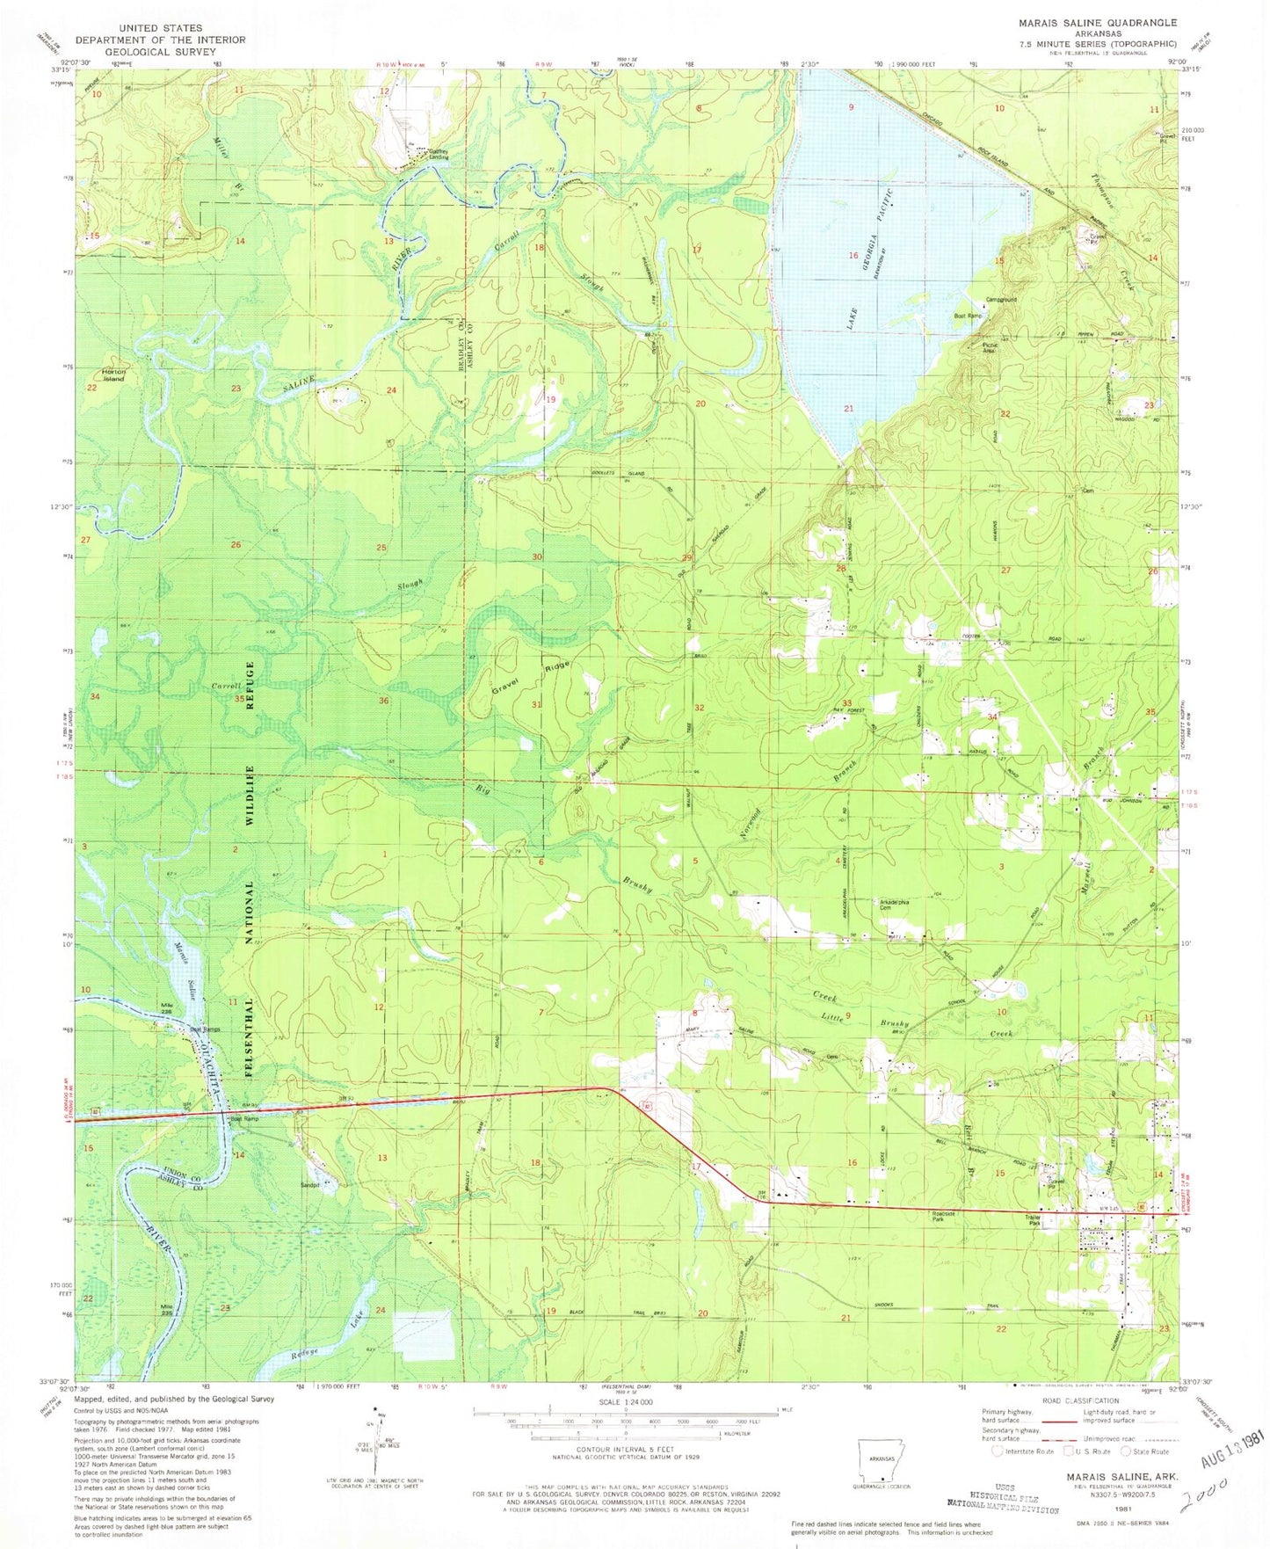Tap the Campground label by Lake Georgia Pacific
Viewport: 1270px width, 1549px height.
tap(1002, 299)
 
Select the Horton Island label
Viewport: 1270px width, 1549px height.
tap(114, 375)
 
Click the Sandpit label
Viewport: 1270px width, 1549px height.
tap(309, 1184)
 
